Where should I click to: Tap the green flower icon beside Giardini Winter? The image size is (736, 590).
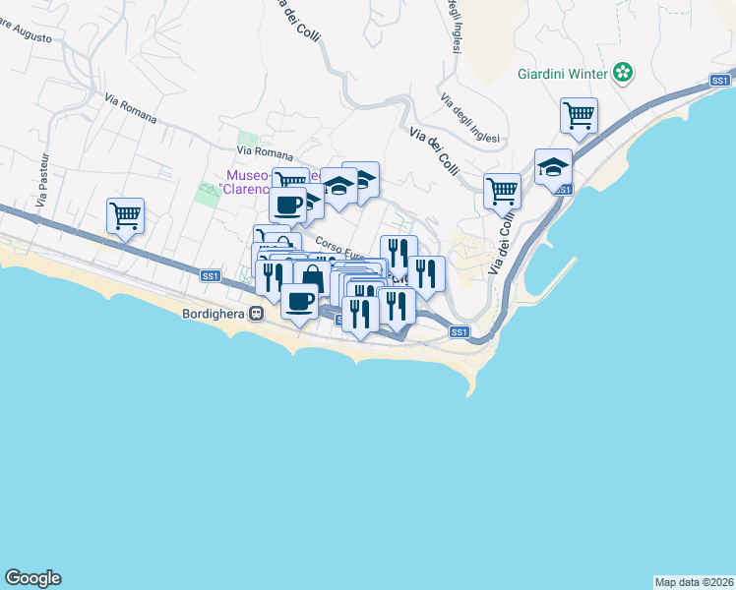click(623, 72)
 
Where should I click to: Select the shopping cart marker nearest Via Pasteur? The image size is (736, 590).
click(126, 215)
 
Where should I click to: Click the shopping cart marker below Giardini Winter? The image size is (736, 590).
click(579, 114)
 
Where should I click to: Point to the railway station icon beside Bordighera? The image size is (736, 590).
click(256, 314)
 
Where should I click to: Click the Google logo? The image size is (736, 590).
click(32, 578)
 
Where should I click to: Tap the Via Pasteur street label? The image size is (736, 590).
click(41, 186)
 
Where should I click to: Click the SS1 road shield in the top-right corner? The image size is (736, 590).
click(721, 81)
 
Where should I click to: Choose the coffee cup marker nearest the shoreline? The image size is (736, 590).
click(300, 300)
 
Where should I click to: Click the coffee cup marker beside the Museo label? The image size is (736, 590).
click(288, 205)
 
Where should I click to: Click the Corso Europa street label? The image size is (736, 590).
click(339, 250)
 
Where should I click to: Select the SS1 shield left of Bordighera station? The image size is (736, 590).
click(210, 276)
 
